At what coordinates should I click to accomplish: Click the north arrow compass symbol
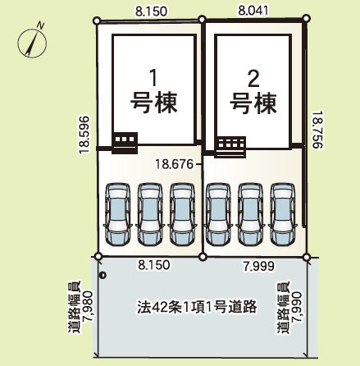tap(32, 43)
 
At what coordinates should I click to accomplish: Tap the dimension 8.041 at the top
tap(253, 11)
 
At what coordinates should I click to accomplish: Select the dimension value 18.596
tap(84, 135)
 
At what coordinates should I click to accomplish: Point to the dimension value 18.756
tap(318, 130)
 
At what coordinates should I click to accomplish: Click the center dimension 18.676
tap(174, 164)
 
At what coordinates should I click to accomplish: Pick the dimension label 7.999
tap(259, 266)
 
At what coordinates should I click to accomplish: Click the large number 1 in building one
tap(154, 78)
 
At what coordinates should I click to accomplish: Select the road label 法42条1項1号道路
tap(197, 307)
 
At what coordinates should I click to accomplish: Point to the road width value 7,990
tap(296, 308)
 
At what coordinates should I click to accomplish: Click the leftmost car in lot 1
tap(118, 214)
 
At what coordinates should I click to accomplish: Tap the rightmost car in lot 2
tap(283, 214)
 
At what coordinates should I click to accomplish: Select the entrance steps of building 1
tap(125, 143)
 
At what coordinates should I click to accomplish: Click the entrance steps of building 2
tap(230, 147)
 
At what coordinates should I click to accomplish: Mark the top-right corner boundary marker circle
tap(307, 18)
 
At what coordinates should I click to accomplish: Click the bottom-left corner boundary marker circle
tap(98, 256)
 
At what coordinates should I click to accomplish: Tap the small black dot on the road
tap(103, 276)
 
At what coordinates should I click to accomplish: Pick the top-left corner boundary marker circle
tap(97, 21)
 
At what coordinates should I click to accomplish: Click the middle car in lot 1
tap(150, 214)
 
